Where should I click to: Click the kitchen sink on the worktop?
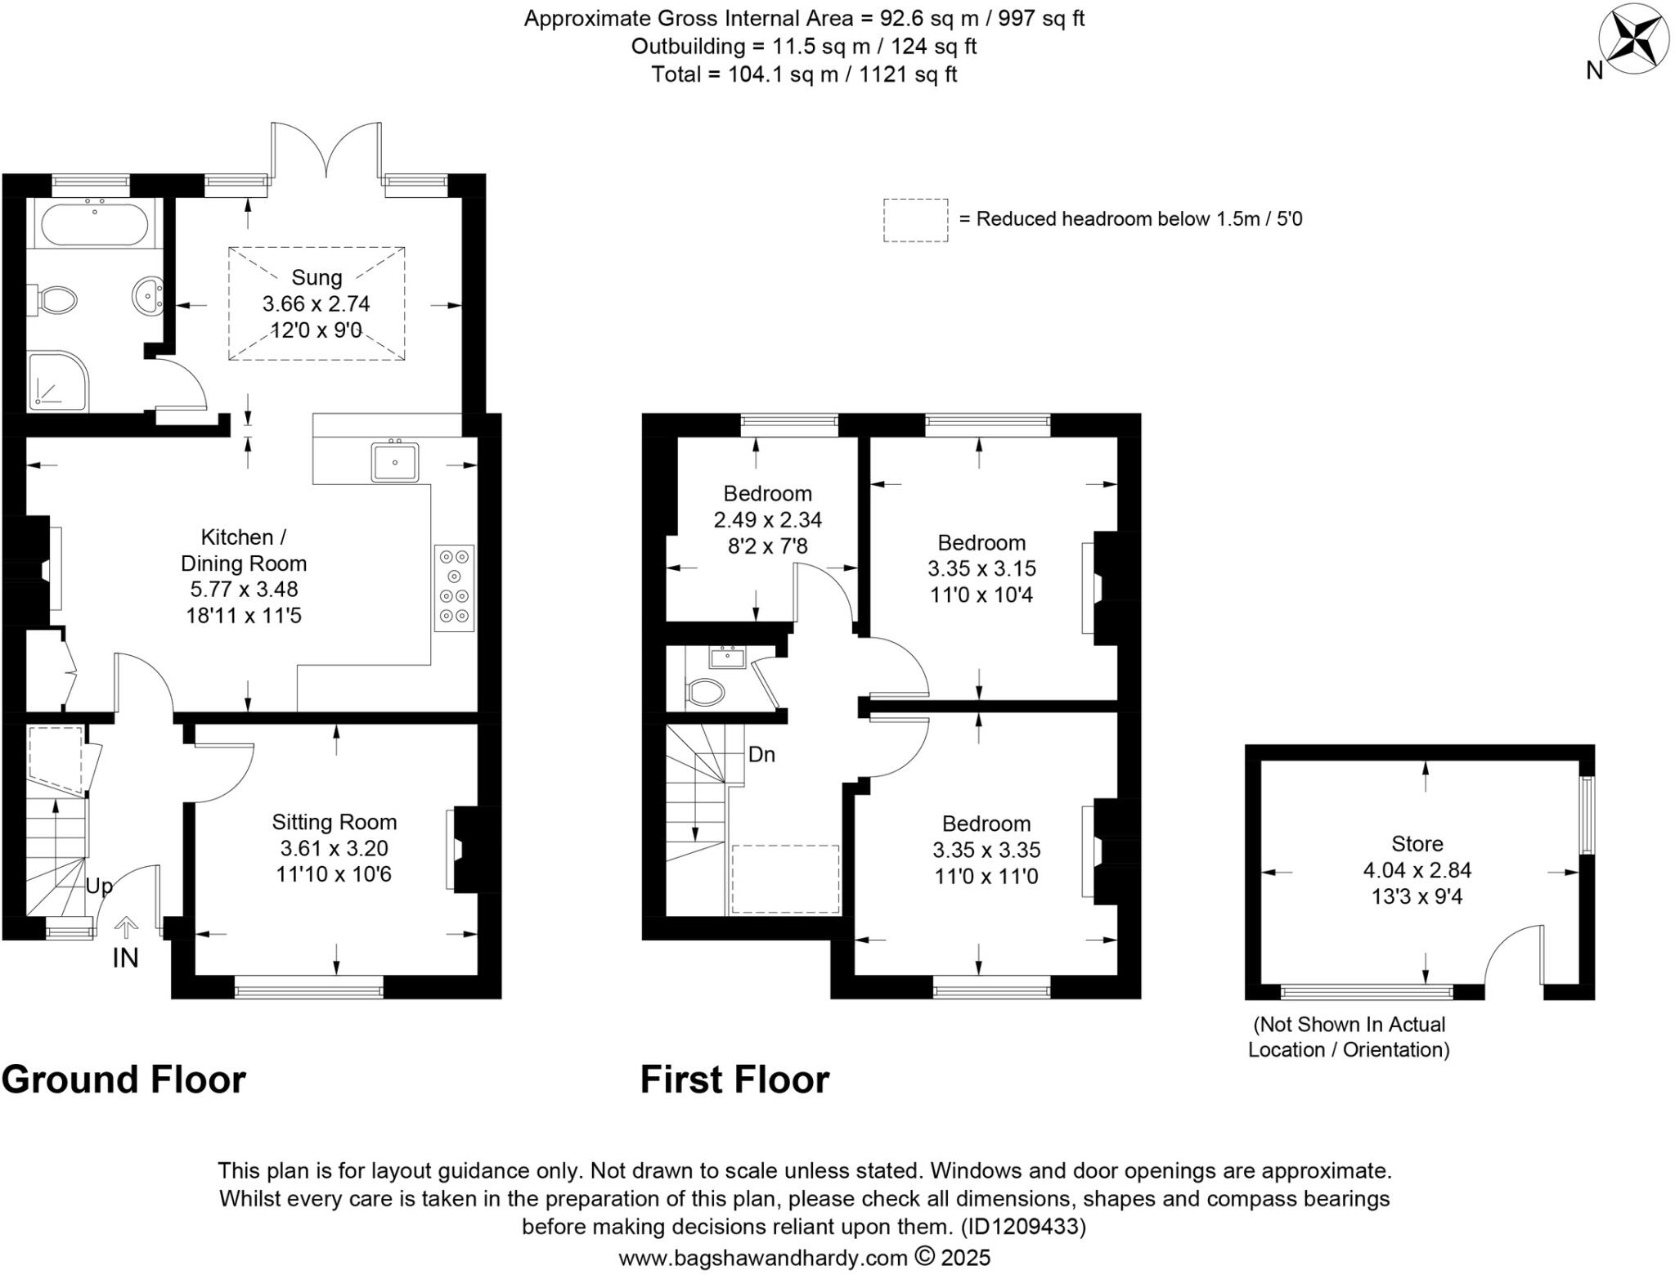click(395, 462)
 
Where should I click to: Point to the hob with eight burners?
click(455, 588)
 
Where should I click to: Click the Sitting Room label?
click(335, 822)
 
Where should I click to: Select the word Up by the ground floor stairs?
click(99, 887)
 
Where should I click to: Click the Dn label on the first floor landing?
click(761, 754)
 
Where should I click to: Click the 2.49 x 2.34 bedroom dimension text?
click(768, 519)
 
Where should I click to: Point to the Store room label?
click(1417, 843)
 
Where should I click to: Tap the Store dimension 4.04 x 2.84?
click(1417, 870)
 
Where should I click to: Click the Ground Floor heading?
click(124, 1080)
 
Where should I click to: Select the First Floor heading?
click(734, 1080)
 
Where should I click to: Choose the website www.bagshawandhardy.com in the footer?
click(763, 1257)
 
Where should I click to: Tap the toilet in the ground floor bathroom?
click(56, 299)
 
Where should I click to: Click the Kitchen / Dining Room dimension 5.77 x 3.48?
click(244, 589)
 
